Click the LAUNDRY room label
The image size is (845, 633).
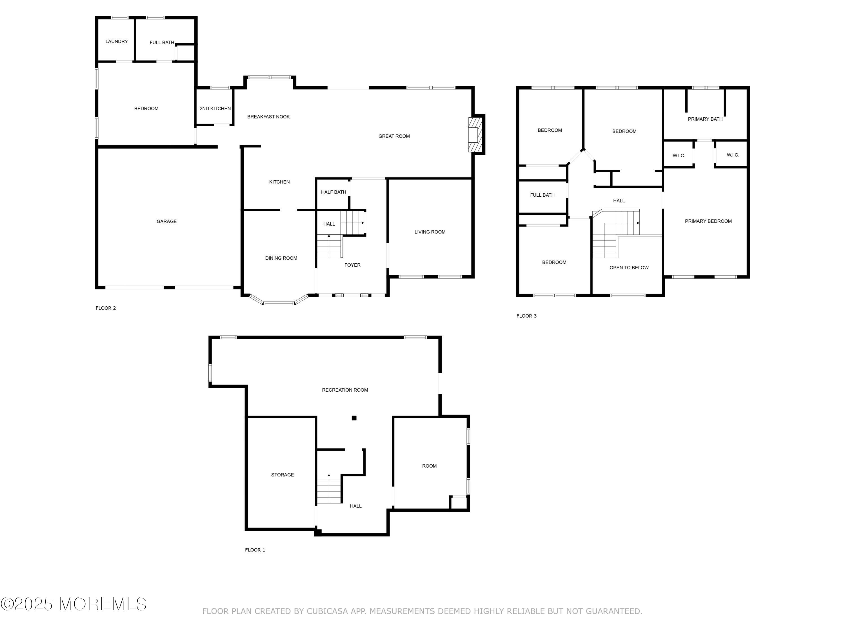coord(117,41)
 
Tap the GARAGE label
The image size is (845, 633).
coord(166,221)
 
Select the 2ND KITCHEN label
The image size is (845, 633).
coord(215,108)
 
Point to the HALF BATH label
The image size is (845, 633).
coord(333,192)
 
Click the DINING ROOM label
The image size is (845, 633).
coord(281,258)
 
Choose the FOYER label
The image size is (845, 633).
coord(352,265)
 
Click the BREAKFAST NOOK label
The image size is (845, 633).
coord(268,117)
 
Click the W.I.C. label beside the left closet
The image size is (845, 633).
coord(679,155)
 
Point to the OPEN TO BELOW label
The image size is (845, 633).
coord(629,268)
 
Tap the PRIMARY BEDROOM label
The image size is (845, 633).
coord(708,221)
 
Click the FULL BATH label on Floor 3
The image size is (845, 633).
coord(542,195)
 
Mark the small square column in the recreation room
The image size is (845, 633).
coord(354,418)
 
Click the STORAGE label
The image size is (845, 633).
coord(282,475)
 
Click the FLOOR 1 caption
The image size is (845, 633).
coord(255,550)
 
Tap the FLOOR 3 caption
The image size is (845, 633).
coord(526,316)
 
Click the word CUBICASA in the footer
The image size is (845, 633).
coord(327,611)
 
